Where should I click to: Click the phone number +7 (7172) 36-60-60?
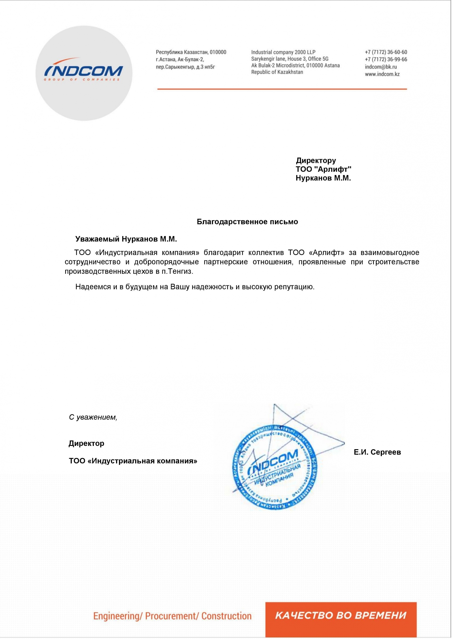[x=386, y=52]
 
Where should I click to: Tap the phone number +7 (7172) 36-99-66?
[x=386, y=59]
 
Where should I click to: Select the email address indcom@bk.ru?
[x=381, y=67]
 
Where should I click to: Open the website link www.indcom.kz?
[x=382, y=74]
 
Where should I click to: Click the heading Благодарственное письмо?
[x=247, y=222]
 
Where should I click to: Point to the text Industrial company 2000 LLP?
[x=283, y=52]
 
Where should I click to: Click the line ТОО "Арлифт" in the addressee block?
[x=323, y=169]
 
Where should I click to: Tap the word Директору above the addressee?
[x=316, y=160]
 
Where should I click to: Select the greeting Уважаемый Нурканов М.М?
[x=126, y=239]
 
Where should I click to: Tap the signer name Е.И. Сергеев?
[x=377, y=452]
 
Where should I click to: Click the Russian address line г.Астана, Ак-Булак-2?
[x=180, y=59]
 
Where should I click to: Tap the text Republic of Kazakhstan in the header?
[x=277, y=72]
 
